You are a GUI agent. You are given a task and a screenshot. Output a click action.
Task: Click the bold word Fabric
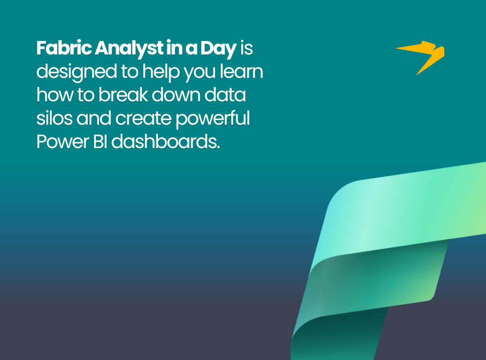click(x=64, y=48)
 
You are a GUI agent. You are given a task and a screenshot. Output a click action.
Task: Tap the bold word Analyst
click(x=129, y=49)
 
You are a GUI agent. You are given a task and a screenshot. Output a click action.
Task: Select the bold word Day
click(x=219, y=49)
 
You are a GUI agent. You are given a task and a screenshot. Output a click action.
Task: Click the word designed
click(x=76, y=72)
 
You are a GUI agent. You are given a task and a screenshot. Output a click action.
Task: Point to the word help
click(x=161, y=72)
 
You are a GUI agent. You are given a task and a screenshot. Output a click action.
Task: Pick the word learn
click(x=242, y=71)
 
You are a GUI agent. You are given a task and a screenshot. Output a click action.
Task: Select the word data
click(x=225, y=94)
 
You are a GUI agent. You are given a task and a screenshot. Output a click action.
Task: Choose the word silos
click(x=54, y=118)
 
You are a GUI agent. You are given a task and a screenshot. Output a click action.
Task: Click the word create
click(x=143, y=119)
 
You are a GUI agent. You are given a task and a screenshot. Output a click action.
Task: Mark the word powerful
click(x=212, y=119)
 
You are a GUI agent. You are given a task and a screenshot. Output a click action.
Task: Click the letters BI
click(x=100, y=142)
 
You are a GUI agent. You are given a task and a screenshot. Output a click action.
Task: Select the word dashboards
click(x=166, y=142)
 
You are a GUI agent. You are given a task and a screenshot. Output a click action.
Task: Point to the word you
click(x=200, y=74)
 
